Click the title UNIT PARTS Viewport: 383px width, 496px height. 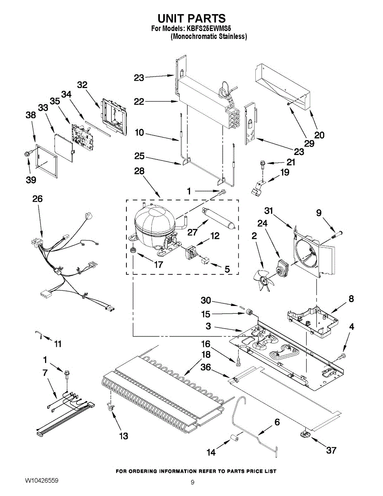tap(192, 19)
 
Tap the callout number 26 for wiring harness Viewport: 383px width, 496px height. tap(38, 199)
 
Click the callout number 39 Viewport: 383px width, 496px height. tap(31, 180)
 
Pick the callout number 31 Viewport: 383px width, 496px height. tap(269, 211)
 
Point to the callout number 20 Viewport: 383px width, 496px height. tap(319, 135)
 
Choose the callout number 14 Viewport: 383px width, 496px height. tap(211, 453)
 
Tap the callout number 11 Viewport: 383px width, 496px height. tap(57, 343)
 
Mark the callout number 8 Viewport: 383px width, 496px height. tap(351, 298)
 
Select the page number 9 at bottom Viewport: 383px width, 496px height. tap(193, 482)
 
